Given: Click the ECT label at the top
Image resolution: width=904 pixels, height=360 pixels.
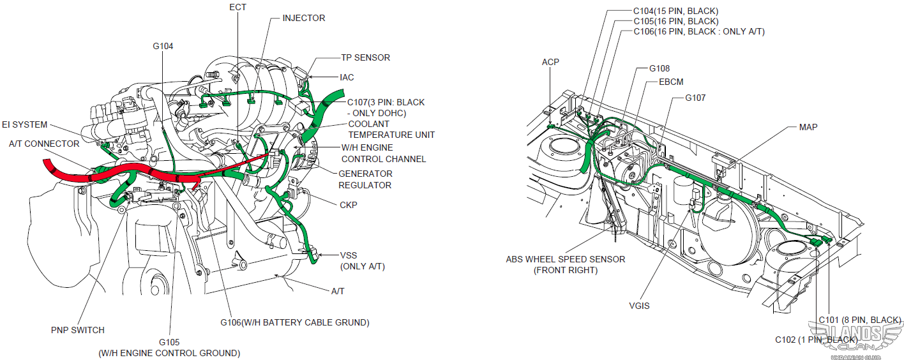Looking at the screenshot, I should (x=237, y=7).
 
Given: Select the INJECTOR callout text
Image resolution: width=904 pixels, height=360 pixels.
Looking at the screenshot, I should (x=303, y=18).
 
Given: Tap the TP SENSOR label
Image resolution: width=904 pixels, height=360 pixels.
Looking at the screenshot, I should (x=365, y=57).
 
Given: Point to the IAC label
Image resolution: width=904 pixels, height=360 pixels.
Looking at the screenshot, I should (x=347, y=77).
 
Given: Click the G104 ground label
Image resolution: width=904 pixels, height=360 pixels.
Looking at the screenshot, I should (x=163, y=46).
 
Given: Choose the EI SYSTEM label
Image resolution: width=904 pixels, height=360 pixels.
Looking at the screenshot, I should (x=24, y=124).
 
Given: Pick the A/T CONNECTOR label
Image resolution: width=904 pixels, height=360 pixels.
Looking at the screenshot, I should (x=44, y=144).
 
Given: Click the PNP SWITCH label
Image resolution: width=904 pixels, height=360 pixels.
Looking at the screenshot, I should (x=77, y=330).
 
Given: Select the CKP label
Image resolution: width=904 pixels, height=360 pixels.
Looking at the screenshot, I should (x=349, y=205).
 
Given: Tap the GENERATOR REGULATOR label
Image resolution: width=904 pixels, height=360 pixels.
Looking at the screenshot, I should (x=365, y=179).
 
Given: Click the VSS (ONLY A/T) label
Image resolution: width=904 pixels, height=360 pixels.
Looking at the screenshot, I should (x=362, y=260).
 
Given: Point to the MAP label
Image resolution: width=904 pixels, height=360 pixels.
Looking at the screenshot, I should (x=808, y=127).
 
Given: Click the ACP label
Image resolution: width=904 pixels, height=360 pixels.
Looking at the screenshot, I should (x=550, y=62).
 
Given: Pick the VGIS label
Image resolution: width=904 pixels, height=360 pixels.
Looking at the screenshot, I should (x=638, y=306).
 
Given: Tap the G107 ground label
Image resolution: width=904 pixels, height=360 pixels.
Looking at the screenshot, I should (x=695, y=98).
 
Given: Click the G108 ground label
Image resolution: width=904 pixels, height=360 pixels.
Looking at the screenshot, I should (x=659, y=68).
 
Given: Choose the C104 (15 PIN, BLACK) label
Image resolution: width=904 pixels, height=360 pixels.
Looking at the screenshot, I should (x=675, y=11).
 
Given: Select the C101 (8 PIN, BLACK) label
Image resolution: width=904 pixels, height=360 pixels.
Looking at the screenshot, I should (x=859, y=319).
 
